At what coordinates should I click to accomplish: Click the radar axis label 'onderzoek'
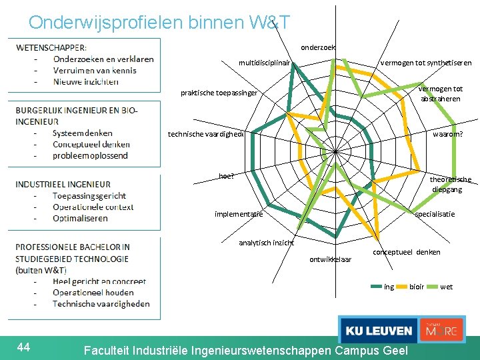[x=318, y=47]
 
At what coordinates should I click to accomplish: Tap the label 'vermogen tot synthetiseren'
[x=425, y=63]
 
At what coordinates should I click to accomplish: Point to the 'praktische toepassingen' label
[x=219, y=93]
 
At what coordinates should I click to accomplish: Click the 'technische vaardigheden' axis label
[x=206, y=134]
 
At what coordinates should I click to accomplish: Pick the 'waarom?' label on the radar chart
[x=447, y=134]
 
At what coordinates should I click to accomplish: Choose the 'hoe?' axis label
[x=227, y=176]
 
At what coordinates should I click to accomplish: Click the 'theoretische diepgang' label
[x=450, y=184]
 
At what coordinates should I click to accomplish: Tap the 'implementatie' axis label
[x=239, y=214]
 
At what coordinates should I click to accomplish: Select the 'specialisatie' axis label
[x=435, y=214]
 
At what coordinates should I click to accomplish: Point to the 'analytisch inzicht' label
[x=266, y=243]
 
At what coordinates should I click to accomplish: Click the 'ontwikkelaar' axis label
[x=330, y=259]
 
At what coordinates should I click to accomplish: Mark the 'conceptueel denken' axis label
[x=407, y=252]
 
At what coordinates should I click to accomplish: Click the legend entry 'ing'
[x=389, y=287]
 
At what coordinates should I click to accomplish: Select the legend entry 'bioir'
[x=417, y=287]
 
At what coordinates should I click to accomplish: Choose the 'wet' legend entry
[x=446, y=287]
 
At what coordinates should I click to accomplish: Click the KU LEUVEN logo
[x=378, y=330]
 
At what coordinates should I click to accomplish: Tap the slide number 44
[x=24, y=346]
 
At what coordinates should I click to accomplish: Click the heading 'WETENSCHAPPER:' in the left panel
[x=51, y=47]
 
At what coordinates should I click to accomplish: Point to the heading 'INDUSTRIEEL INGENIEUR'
[x=63, y=184]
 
